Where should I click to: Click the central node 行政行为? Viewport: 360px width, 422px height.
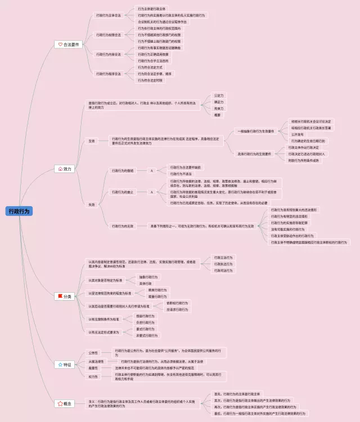click(19, 211)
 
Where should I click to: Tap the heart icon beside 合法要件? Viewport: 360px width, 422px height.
click(61, 44)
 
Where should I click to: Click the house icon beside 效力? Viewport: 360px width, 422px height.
click(61, 169)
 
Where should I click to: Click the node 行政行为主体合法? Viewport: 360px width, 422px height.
click(108, 16)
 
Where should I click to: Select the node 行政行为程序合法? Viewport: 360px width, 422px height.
click(108, 73)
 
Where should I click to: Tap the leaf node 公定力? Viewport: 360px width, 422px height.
click(218, 96)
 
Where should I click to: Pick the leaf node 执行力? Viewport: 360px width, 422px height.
click(218, 108)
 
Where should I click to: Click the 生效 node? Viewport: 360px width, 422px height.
click(92, 140)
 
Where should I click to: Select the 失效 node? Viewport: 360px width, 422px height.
click(92, 205)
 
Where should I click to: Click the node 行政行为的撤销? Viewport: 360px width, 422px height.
click(123, 170)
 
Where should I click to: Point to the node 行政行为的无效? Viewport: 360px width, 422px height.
click(123, 226)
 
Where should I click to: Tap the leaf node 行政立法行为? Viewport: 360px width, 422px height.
click(223, 257)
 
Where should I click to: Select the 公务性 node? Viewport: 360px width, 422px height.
click(93, 353)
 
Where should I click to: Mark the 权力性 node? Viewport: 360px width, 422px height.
click(93, 376)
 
